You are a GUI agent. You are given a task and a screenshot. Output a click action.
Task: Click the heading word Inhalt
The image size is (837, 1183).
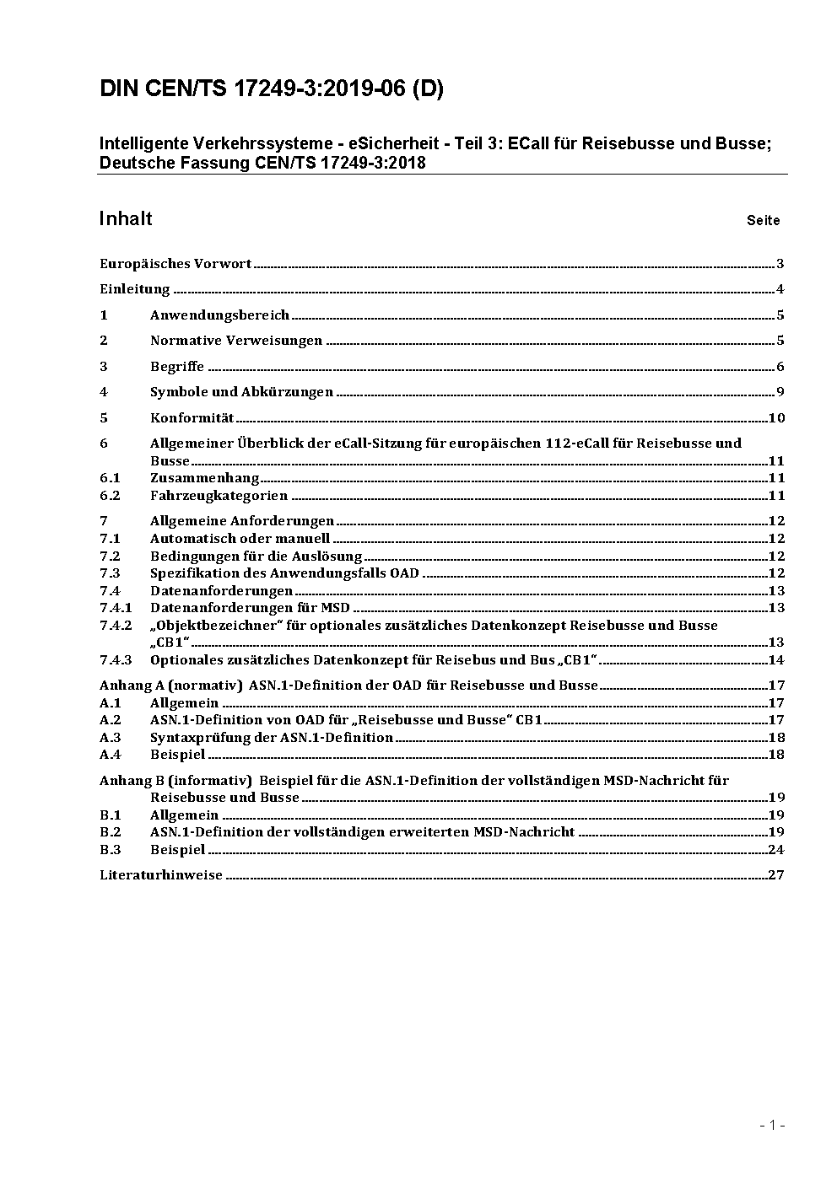tap(126, 219)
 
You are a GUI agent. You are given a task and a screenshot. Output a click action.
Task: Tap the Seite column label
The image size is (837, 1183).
tap(763, 221)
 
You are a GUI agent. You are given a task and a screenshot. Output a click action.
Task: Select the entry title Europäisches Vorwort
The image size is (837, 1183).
tap(175, 264)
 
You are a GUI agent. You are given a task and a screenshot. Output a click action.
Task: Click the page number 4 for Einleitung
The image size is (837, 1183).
tap(780, 290)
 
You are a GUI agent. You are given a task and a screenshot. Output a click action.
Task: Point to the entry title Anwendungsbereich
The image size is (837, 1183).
tap(219, 315)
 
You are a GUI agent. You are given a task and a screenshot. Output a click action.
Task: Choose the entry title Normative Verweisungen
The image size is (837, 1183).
tap(236, 341)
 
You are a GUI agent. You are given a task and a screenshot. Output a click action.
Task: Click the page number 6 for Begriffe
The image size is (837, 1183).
tap(780, 367)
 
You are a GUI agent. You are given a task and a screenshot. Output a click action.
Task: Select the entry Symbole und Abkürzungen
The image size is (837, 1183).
tap(241, 392)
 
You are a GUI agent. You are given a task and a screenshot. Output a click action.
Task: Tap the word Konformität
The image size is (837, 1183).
tap(192, 418)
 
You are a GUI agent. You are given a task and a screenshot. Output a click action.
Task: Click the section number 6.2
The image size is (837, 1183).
tap(110, 496)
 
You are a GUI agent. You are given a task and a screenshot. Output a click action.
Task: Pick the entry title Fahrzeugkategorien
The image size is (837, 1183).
tap(219, 496)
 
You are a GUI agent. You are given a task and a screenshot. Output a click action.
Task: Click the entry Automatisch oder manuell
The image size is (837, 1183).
tap(240, 539)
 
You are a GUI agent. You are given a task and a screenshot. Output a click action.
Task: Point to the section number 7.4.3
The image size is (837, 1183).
tap(116, 660)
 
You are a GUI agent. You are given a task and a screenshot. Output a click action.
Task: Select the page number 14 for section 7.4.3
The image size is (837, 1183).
tap(776, 660)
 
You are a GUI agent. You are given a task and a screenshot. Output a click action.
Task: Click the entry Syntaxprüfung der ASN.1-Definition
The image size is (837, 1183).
tap(272, 738)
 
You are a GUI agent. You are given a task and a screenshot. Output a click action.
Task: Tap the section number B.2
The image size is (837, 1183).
tap(110, 832)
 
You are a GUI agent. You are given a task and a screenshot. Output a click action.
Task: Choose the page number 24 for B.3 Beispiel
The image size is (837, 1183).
tap(776, 850)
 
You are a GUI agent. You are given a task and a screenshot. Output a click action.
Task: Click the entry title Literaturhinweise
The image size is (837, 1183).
tap(161, 875)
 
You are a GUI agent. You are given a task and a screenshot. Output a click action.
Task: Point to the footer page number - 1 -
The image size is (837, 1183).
tap(772, 1125)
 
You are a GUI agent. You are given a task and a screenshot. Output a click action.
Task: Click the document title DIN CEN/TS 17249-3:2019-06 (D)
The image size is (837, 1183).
tap(272, 89)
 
